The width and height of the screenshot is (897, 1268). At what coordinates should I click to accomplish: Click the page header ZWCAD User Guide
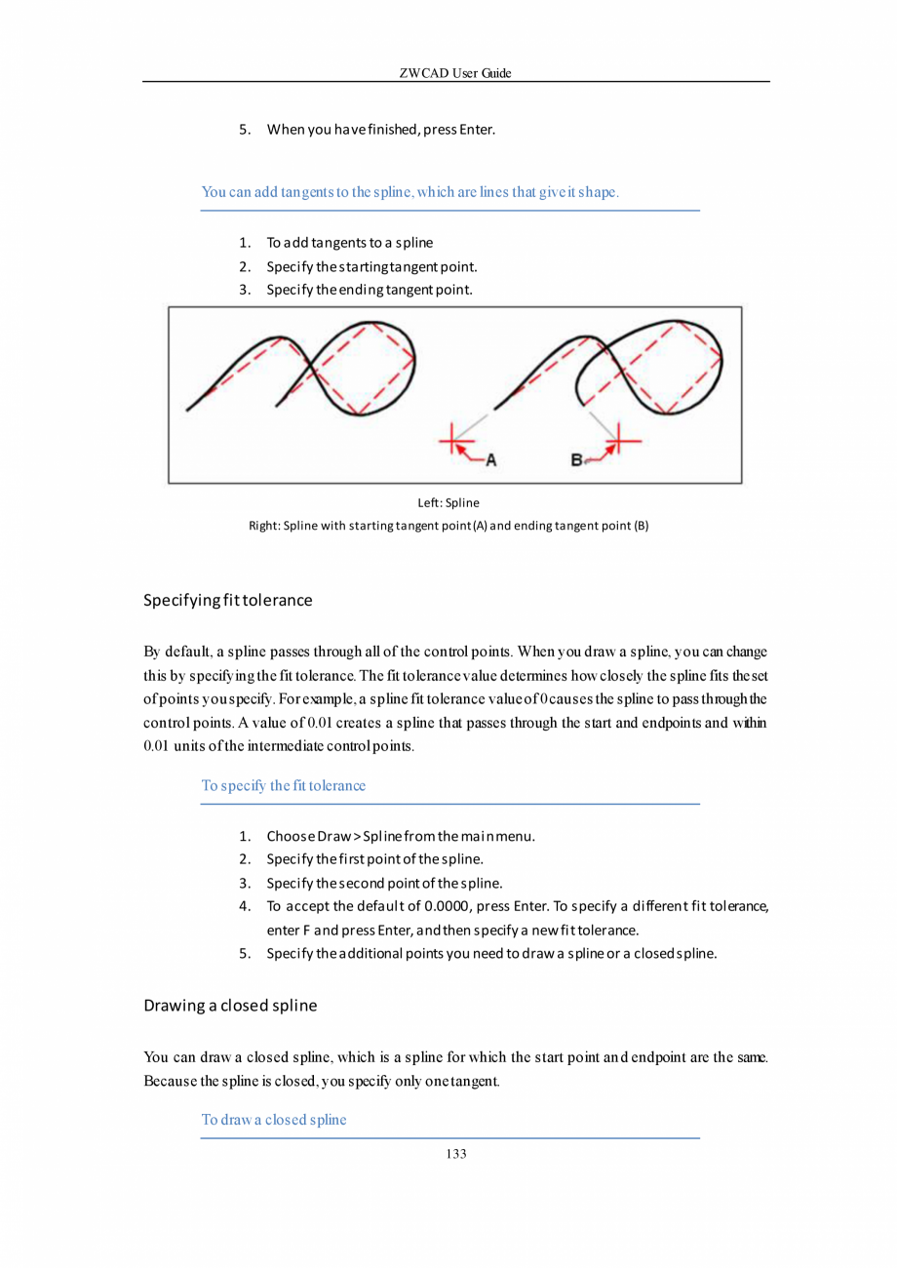[x=455, y=74]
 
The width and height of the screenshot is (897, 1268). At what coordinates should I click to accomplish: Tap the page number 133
[x=455, y=1154]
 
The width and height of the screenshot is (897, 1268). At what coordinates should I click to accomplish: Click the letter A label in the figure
[x=491, y=459]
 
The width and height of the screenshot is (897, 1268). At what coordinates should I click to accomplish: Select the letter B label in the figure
[x=577, y=459]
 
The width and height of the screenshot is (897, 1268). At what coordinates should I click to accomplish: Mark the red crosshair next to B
[x=614, y=444]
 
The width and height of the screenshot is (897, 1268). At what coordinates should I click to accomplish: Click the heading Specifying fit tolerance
[x=227, y=600]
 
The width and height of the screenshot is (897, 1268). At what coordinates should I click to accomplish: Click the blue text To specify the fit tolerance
[x=284, y=785]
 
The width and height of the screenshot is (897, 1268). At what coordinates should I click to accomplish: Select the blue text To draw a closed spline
[x=274, y=1119]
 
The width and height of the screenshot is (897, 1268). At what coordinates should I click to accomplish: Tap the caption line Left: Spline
[x=448, y=503]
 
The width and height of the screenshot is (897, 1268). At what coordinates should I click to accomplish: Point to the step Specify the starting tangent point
[x=371, y=266]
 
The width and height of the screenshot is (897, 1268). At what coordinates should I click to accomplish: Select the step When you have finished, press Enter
[x=381, y=130]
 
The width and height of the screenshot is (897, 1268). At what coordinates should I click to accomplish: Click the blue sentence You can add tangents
[x=410, y=191]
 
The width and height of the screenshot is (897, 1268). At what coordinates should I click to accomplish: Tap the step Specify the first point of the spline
[x=375, y=859]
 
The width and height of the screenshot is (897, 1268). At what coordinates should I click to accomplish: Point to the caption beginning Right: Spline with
[x=449, y=527]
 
